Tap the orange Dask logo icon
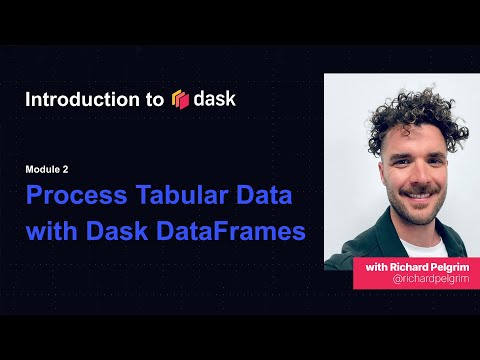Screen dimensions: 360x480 (x=181, y=99)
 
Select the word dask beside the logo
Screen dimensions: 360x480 (x=216, y=99)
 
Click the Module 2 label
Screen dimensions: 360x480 (x=47, y=170)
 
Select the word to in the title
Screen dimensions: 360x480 (x=154, y=100)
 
